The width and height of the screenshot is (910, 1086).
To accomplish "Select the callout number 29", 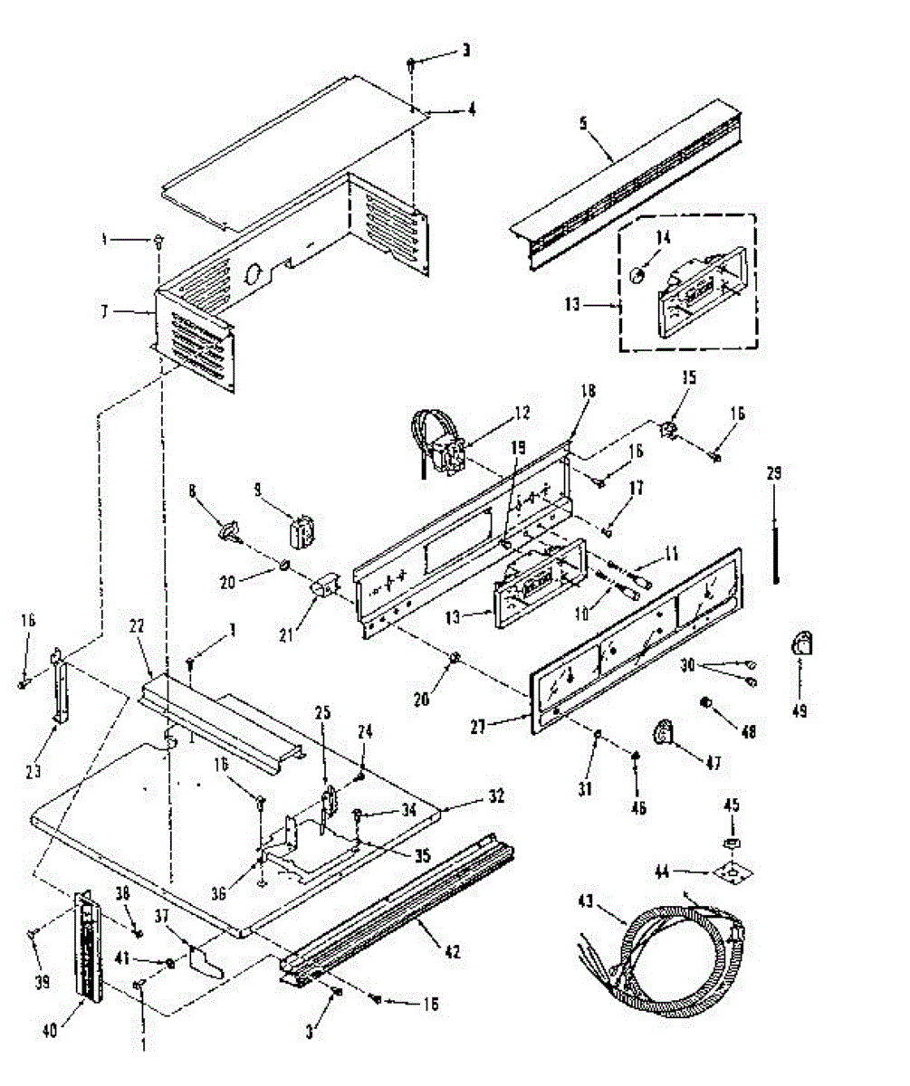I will (774, 472).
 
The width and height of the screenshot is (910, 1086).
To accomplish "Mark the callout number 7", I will (106, 311).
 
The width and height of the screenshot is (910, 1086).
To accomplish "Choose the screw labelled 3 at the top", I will (412, 63).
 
